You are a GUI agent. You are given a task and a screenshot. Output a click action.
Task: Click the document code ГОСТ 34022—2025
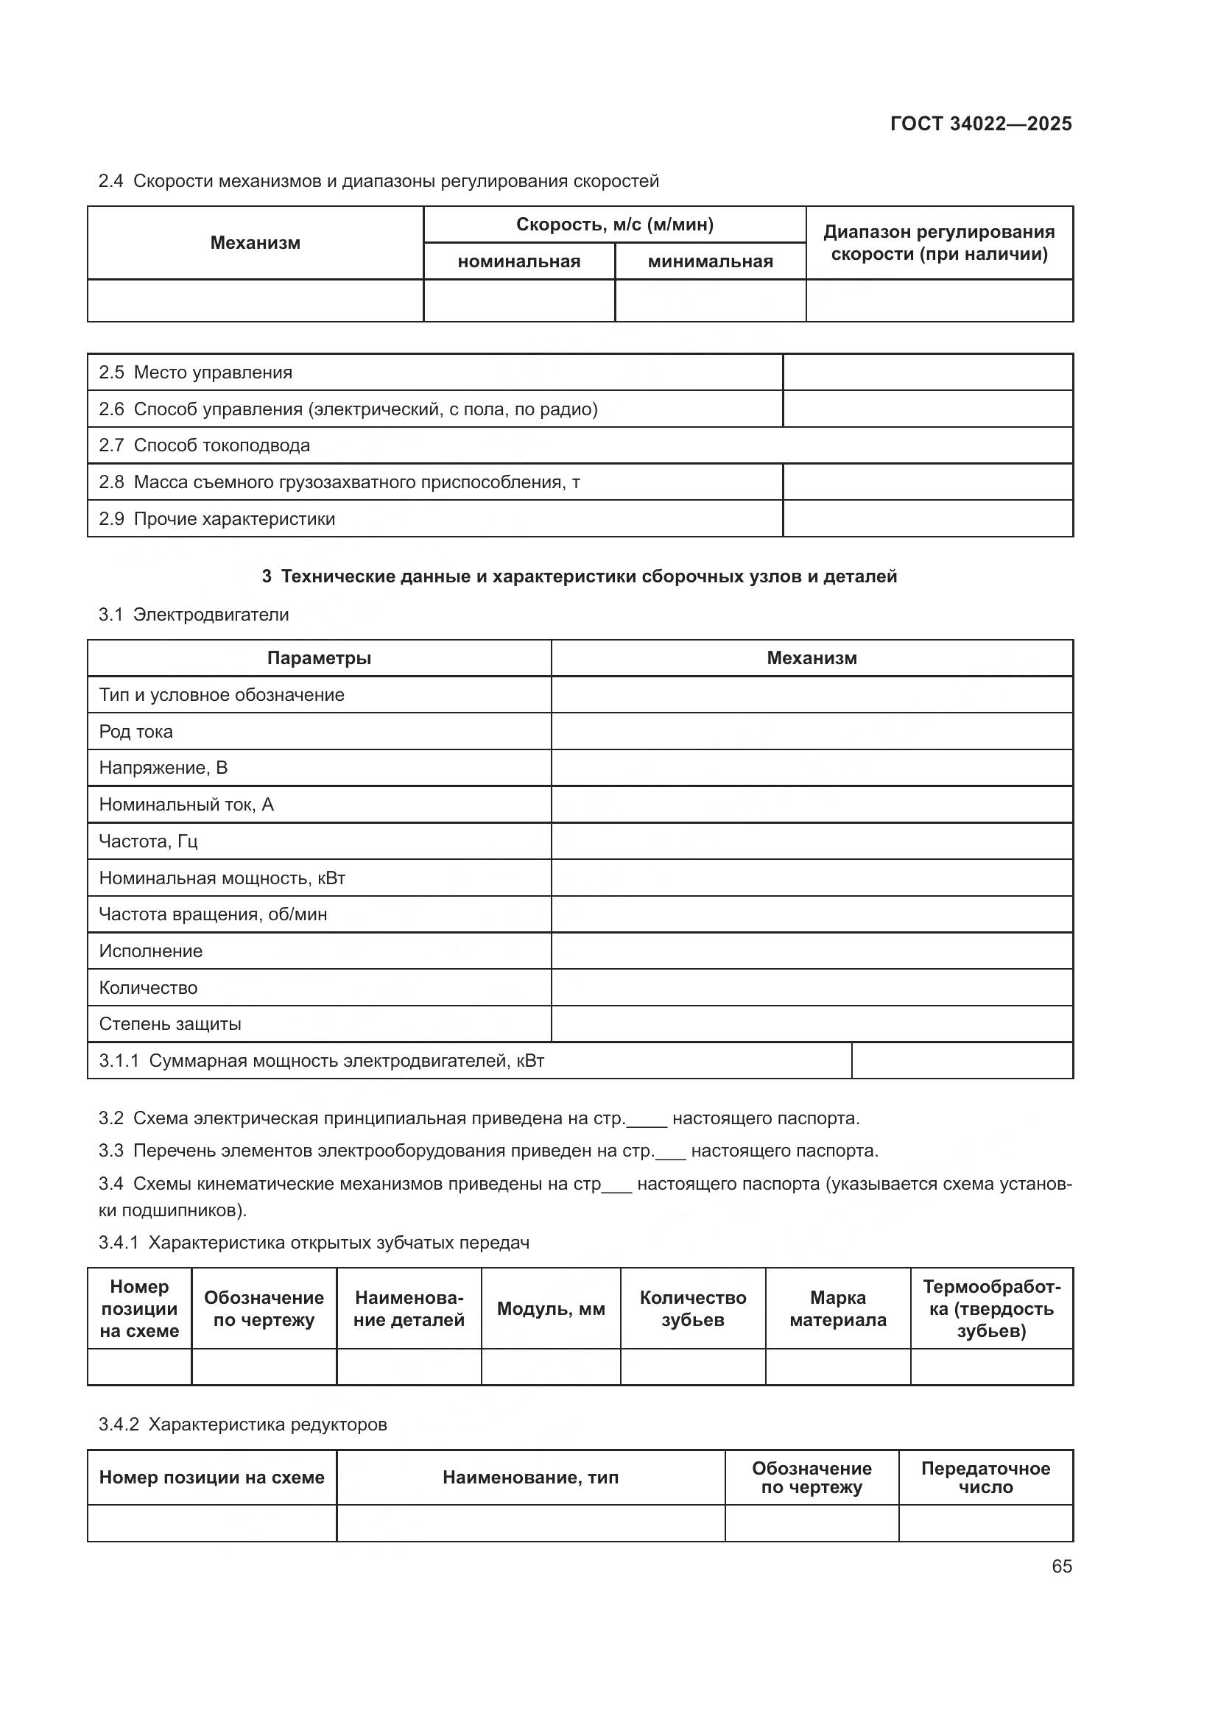980,124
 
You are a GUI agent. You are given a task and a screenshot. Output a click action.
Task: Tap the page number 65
1061,1566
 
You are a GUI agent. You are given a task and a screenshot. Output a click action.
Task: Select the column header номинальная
519,261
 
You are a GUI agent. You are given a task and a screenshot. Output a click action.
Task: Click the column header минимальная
709,261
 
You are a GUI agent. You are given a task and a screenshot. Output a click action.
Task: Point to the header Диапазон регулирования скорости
939,242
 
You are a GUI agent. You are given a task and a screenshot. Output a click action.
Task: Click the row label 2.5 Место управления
196,372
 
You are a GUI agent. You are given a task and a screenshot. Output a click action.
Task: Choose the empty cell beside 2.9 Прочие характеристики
927,518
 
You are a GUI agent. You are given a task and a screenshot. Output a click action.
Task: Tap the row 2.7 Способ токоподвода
204,445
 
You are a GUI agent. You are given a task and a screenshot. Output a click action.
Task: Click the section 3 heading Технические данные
579,576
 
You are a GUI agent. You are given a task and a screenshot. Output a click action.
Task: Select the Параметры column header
319,657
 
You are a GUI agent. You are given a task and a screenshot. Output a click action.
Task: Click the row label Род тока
135,731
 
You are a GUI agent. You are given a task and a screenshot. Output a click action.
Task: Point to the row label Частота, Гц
148,841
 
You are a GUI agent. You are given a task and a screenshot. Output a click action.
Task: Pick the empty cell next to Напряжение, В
812,768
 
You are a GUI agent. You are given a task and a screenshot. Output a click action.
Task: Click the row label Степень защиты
170,1024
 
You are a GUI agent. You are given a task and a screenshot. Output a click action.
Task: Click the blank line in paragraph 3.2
647,1119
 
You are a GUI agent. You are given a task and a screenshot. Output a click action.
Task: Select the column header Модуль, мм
551,1309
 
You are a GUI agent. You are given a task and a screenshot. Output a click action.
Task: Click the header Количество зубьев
692,1309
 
